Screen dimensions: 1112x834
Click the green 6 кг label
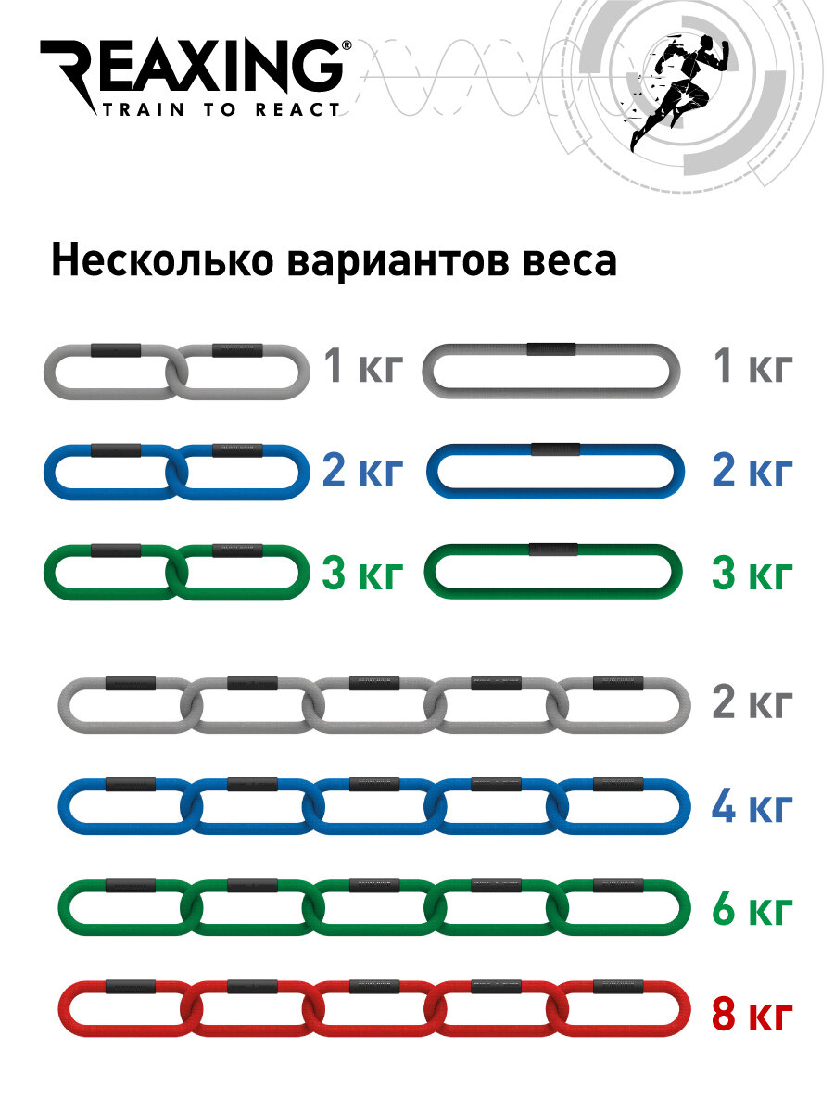752,911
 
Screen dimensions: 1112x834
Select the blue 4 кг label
752,807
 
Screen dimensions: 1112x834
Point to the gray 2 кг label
752,703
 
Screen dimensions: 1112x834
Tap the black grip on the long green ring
553,550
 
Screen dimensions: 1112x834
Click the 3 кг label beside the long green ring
752,575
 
